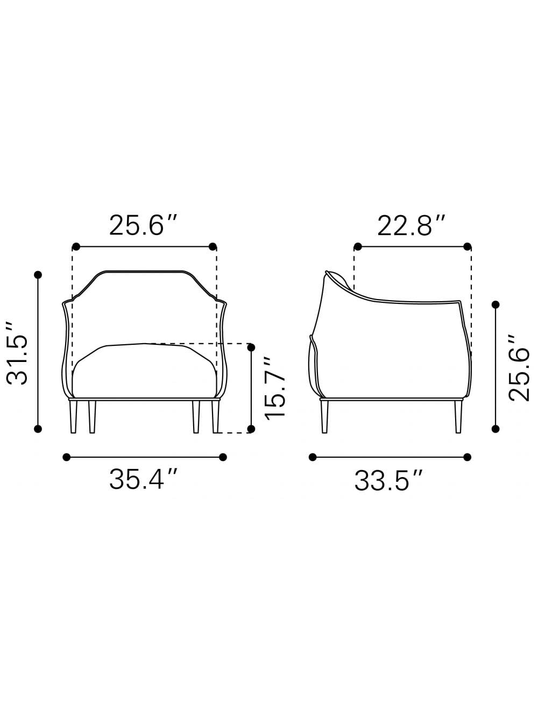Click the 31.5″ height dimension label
point(17,353)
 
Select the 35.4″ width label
point(143,479)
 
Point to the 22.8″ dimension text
point(412,225)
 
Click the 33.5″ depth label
point(388,480)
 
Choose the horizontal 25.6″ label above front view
point(143,225)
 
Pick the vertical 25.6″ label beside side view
point(519,368)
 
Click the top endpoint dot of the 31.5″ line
point(38,275)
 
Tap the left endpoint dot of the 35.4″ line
point(66,457)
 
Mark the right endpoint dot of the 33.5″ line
point(467,457)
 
